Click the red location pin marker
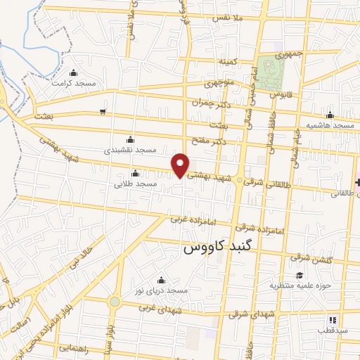tap(181, 165)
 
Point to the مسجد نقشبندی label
tap(129, 150)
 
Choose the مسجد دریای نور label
tap(162, 290)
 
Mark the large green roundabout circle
tap(114, 302)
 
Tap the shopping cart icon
tap(103, 111)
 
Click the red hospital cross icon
tap(358, 182)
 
